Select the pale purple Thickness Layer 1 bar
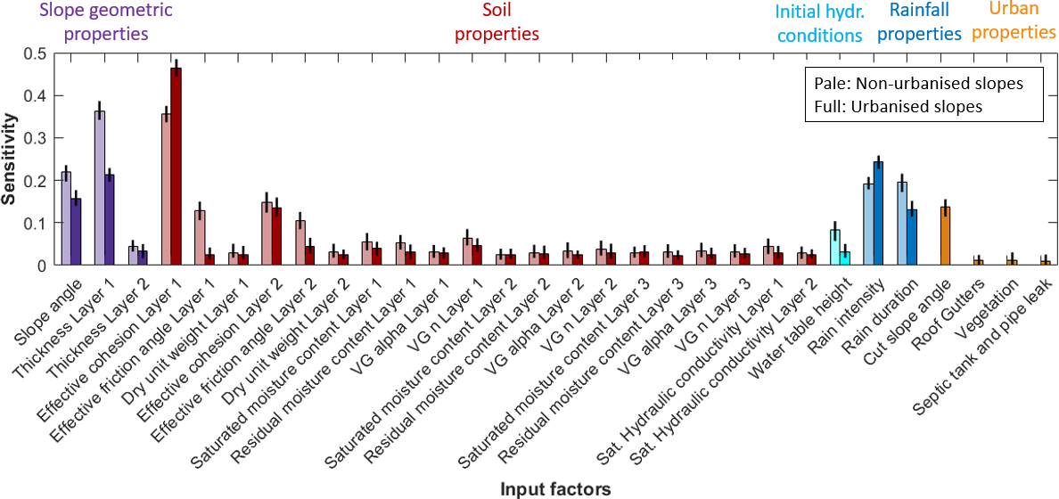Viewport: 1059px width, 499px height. [x=100, y=188]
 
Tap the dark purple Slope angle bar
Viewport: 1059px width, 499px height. [x=76, y=232]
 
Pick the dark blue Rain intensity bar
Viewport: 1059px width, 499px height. [x=878, y=213]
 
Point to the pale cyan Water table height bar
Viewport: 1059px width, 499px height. [x=834, y=247]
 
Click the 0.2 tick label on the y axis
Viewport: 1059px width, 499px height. [x=36, y=181]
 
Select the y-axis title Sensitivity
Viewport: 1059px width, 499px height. [x=10, y=159]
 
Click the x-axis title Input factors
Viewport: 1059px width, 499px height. [x=555, y=488]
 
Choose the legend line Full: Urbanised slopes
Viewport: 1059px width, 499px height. [x=898, y=105]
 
